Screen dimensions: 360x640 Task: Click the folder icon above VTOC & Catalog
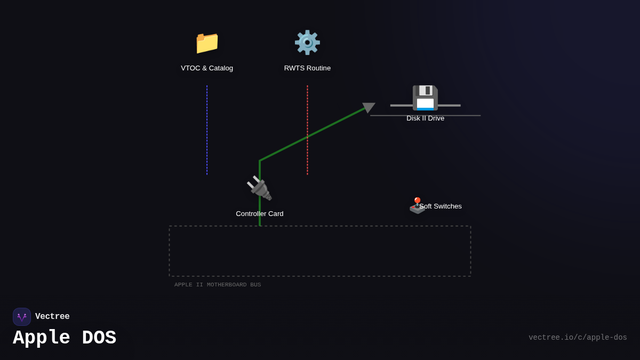coord(207,43)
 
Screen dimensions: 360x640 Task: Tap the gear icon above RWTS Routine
coord(307,43)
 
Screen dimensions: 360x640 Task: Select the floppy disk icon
coord(425,98)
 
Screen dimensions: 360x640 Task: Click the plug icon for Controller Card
coord(260,188)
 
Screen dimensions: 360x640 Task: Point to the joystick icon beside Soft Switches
coord(417,206)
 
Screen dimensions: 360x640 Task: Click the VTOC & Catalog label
coord(207,68)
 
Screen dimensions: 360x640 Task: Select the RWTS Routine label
coord(307,68)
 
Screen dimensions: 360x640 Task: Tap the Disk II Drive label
coord(425,118)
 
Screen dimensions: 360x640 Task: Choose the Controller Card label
coord(260,214)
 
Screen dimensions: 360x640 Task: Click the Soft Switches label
coord(441,206)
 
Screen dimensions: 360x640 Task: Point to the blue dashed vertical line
coord(207,130)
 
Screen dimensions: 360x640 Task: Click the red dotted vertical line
coord(307,130)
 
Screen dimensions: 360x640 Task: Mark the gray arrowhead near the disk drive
coord(368,107)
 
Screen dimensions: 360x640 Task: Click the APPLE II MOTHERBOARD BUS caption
coord(218,285)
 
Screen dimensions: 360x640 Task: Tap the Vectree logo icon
coord(22,317)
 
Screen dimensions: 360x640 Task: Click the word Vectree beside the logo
coord(52,317)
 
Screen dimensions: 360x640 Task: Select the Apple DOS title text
coord(65,338)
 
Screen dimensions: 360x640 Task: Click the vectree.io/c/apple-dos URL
coord(578,338)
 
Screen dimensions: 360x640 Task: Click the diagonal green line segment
coord(312,134)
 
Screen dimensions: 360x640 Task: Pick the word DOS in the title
coord(99,338)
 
